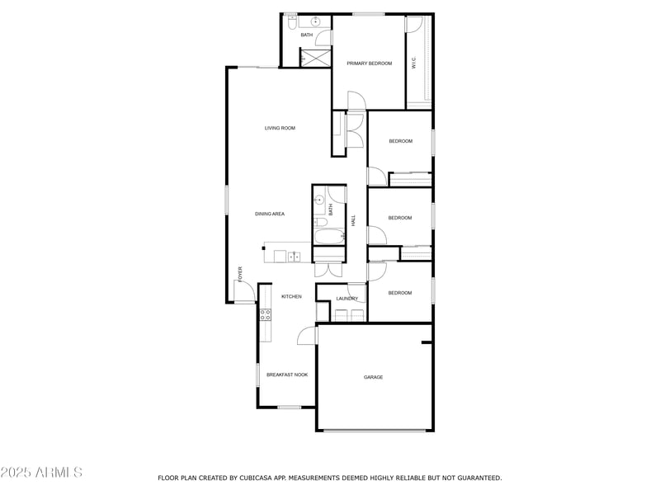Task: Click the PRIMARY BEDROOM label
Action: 369,63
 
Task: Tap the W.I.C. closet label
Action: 413,63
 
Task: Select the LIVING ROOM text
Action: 280,128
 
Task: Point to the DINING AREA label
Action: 270,214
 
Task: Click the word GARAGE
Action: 374,377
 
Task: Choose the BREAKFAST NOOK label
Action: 286,375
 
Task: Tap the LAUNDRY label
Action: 346,299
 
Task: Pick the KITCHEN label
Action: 291,296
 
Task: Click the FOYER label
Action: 240,273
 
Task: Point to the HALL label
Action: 353,221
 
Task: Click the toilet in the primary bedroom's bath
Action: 292,25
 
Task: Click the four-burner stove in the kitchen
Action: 266,313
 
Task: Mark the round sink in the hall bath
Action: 318,200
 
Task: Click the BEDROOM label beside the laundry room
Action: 399,293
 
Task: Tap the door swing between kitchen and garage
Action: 307,334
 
